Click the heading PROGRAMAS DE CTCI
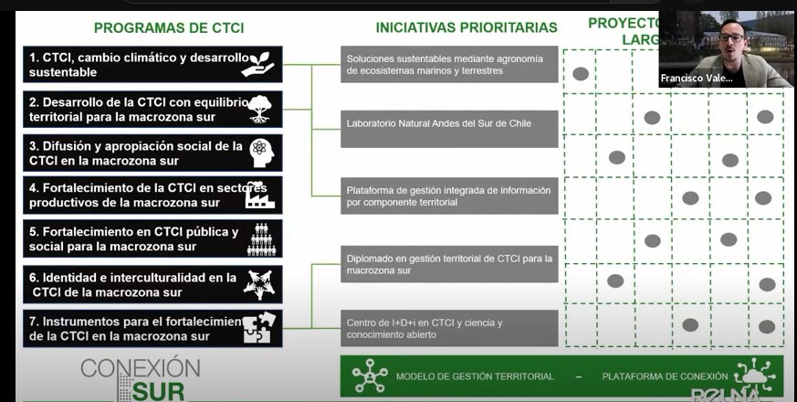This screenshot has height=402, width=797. (169, 27)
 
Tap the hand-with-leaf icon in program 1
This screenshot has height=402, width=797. (261, 62)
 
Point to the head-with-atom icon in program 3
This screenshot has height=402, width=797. (261, 152)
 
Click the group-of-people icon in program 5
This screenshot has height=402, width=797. (261, 239)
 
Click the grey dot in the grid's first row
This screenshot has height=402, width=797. (580, 73)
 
